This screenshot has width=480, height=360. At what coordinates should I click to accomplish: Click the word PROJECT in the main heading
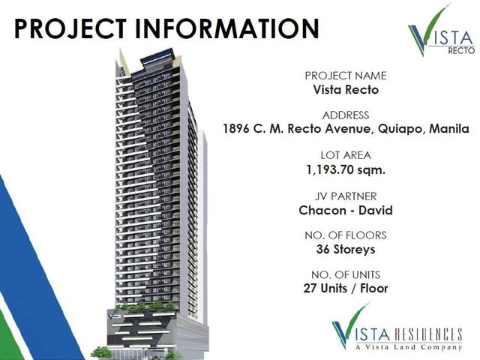[x=70, y=28]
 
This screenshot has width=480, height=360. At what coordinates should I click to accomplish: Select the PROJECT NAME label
[x=346, y=76]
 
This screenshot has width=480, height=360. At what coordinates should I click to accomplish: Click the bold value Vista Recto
[x=346, y=90]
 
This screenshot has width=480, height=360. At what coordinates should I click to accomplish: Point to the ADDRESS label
[x=346, y=115]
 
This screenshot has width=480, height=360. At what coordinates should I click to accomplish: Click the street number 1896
[x=235, y=128]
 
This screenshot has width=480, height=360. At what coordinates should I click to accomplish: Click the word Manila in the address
[x=449, y=128]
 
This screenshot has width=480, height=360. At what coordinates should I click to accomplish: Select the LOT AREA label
[x=346, y=155]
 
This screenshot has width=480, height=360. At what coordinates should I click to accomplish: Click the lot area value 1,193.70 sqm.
[x=346, y=169]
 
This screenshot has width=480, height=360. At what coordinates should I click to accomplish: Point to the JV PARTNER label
[x=346, y=196]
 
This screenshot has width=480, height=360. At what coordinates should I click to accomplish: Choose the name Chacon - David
[x=346, y=210]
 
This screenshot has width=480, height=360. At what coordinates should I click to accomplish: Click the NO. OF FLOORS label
[x=346, y=235]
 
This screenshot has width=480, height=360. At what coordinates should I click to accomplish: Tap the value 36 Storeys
[x=346, y=249]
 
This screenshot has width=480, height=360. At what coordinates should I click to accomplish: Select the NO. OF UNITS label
[x=346, y=274]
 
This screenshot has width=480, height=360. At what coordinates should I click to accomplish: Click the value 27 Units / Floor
[x=346, y=288]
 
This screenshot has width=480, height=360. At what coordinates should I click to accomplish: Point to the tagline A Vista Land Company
[x=409, y=347]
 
